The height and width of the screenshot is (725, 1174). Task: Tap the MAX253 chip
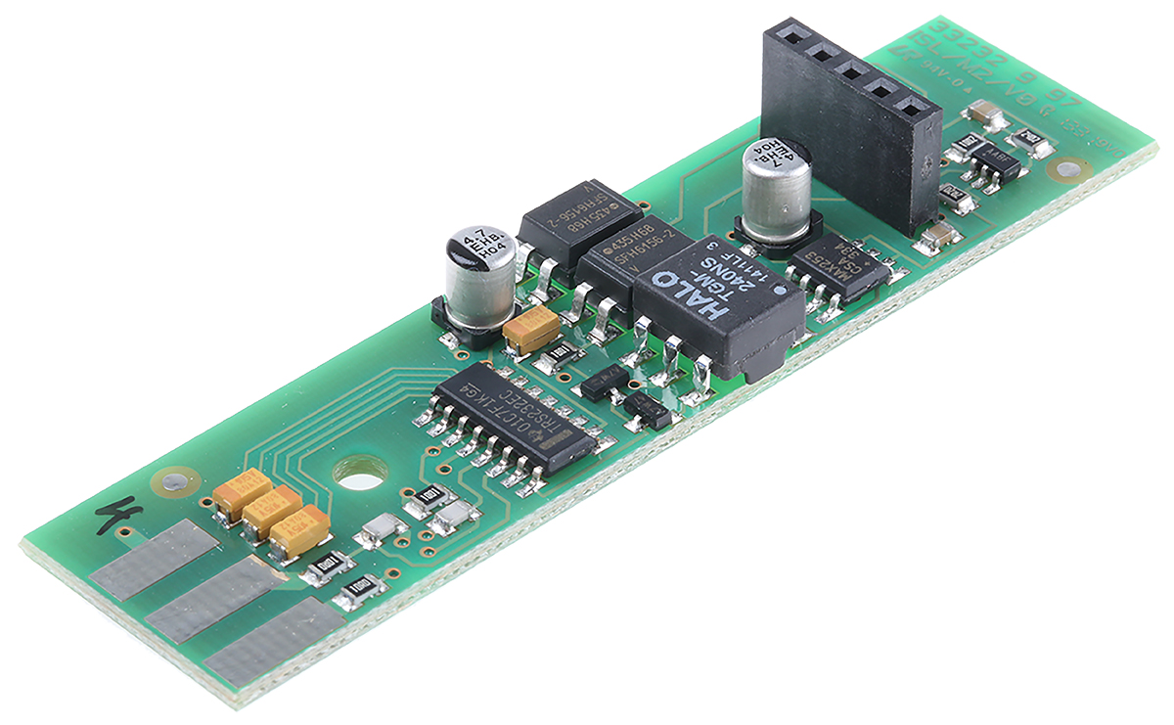click(839, 263)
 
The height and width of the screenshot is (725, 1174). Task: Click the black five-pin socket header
click(841, 127)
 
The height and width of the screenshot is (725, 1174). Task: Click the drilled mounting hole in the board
click(360, 474)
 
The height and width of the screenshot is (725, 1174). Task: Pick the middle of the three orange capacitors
click(271, 511)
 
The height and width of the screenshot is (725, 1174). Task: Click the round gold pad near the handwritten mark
click(174, 480)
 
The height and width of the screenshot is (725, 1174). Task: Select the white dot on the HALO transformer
click(780, 291)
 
